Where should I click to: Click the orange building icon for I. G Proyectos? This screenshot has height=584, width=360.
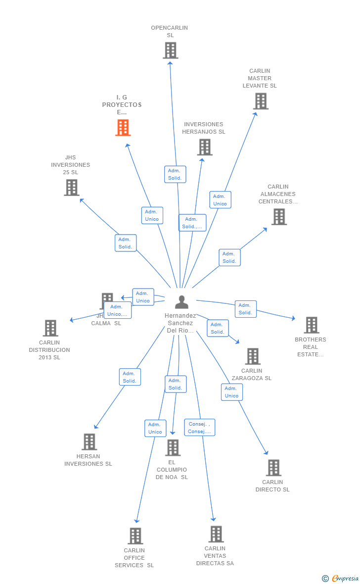123,127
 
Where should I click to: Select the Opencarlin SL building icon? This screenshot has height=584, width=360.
170,50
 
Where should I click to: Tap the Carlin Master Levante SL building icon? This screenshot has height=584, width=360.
261,101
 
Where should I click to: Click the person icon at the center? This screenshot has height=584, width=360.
181,302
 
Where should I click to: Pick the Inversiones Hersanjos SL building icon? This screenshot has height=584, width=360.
205,147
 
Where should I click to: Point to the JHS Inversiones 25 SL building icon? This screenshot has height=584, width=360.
72,188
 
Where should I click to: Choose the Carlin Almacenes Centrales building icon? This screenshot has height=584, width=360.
279,217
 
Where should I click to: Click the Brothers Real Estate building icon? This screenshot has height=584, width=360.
311,325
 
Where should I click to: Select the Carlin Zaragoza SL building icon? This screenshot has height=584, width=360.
253,356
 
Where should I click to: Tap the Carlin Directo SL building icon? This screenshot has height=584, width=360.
273,468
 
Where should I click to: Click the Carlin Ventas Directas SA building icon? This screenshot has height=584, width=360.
216,534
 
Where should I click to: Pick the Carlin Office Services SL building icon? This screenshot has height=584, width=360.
135,536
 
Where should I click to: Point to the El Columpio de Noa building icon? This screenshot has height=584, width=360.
173,447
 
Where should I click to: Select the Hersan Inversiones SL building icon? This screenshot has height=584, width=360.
89,442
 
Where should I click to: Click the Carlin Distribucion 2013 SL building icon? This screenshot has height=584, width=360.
50,328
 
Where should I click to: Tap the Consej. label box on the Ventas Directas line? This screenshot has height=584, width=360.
200,428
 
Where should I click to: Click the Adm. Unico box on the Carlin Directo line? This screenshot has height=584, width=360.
231,392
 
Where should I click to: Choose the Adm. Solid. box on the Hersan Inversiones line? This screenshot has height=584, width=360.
130,377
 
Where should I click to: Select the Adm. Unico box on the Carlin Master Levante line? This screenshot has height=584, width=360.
220,200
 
